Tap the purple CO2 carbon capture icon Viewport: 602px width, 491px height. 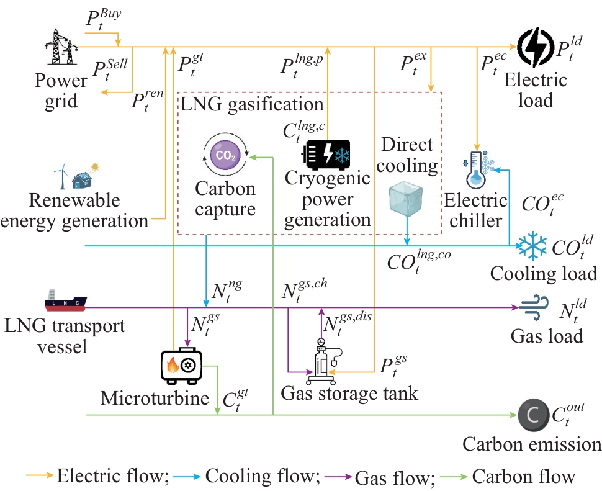coord(226,155)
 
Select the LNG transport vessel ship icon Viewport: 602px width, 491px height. coord(65,301)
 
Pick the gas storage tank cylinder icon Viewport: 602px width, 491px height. coord(323,360)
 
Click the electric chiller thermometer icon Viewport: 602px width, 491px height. coord(478,168)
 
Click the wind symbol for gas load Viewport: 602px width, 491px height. coord(532,308)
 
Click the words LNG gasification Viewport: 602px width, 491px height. coord(252,103)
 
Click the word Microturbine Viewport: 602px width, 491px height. coord(155,397)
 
